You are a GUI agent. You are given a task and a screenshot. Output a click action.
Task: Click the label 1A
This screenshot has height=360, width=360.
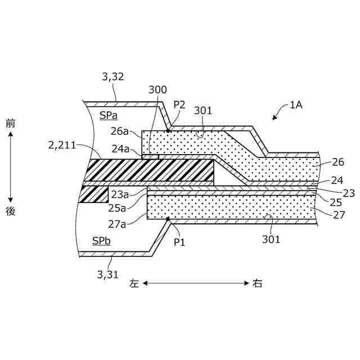pos(296,104)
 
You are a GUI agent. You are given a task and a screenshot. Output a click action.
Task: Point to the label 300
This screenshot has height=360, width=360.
pos(157,90)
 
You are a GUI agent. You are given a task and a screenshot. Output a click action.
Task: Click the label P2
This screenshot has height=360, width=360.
pos(179,104)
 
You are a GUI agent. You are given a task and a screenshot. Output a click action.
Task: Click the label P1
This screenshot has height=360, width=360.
pos(179,242)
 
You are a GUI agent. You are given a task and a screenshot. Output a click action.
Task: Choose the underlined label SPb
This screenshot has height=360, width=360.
pos(101,241)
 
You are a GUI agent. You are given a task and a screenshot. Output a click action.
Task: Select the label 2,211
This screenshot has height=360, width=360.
pos(62,146)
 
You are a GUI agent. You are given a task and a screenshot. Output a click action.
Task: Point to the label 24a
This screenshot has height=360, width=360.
pos(120,149)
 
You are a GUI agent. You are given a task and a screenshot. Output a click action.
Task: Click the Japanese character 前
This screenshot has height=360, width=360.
pos(10,123)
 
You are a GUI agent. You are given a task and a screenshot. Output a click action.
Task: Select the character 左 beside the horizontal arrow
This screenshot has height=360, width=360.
pos(134,283)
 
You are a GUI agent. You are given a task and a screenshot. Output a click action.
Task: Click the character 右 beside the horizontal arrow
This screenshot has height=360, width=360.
pos(256,283)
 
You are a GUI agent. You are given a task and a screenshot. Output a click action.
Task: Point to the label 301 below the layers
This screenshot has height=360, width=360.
pos(271,239)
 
